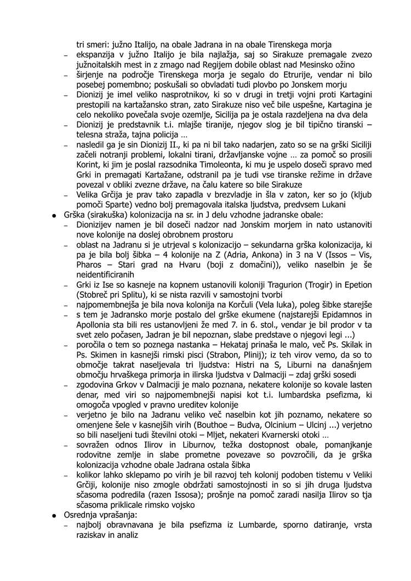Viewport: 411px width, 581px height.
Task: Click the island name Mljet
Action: pos(203,436)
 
